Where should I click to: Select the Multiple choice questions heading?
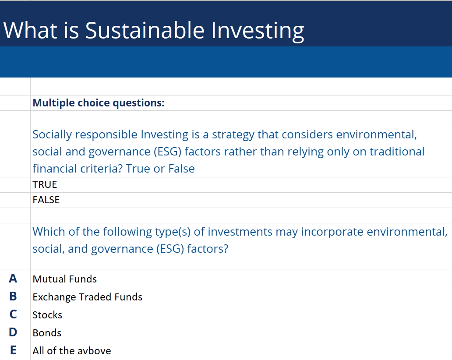(99, 103)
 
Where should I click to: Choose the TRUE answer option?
(45, 185)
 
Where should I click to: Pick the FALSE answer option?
(46, 200)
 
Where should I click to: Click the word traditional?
(397, 152)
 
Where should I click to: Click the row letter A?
(13, 279)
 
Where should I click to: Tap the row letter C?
(13, 314)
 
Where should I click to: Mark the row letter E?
(13, 350)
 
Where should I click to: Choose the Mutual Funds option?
(64, 279)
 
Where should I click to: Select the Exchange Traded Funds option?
(87, 297)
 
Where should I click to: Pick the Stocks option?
(47, 315)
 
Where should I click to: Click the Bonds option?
(47, 333)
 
